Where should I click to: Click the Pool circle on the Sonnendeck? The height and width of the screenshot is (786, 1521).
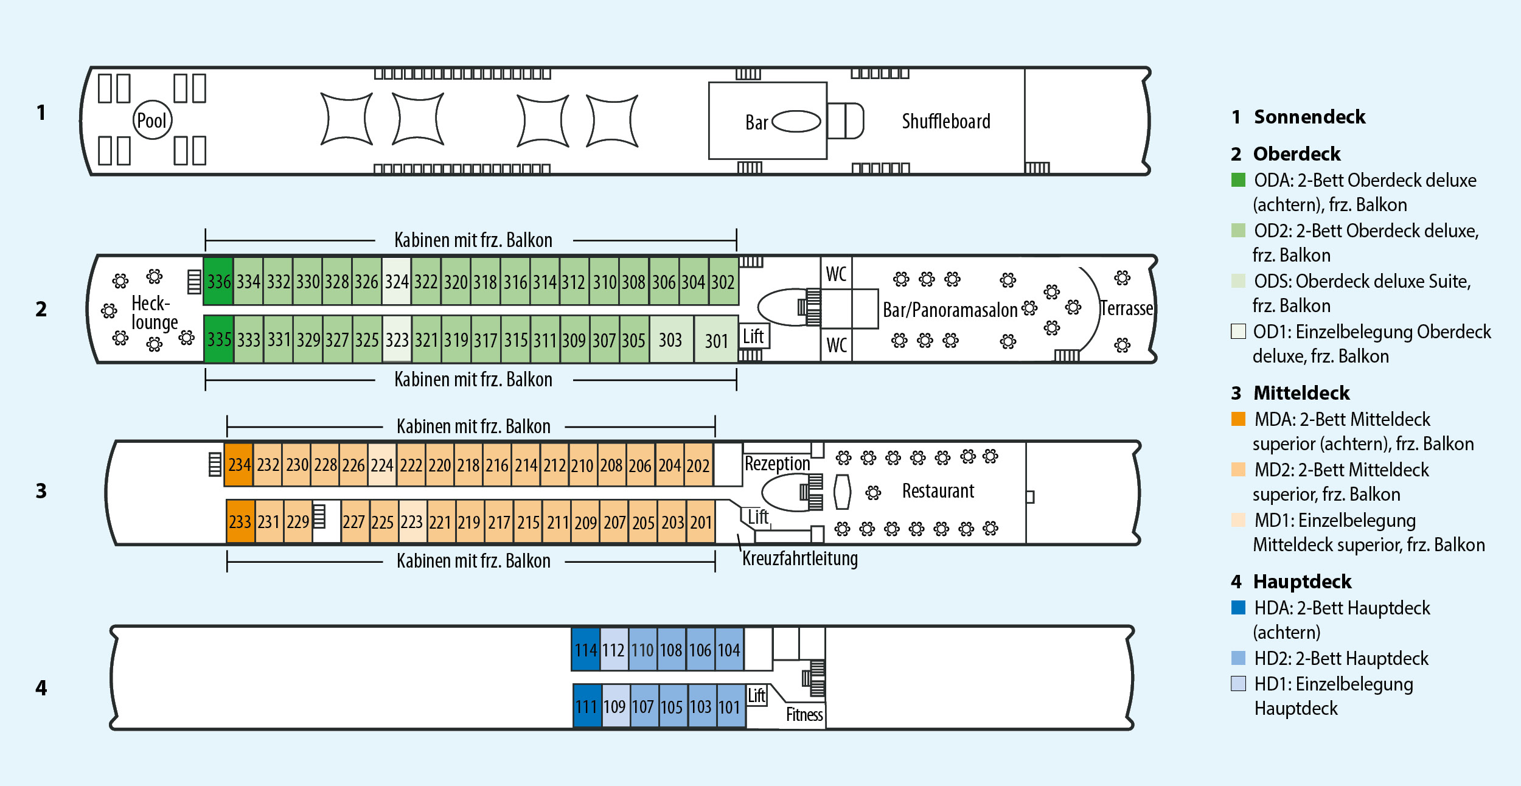(x=152, y=120)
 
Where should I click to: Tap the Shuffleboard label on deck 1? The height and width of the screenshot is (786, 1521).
(x=945, y=122)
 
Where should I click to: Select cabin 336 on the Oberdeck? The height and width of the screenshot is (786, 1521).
(x=218, y=282)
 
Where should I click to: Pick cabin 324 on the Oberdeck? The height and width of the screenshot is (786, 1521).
(x=397, y=282)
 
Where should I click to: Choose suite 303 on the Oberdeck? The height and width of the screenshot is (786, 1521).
(x=670, y=340)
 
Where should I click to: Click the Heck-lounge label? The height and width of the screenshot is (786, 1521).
(x=154, y=313)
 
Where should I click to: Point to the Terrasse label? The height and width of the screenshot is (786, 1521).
(x=1126, y=308)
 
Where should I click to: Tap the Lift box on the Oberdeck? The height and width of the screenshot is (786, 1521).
(x=754, y=336)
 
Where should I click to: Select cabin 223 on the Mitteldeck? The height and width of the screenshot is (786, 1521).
(x=412, y=522)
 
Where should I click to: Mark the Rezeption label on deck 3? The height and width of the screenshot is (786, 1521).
(x=777, y=464)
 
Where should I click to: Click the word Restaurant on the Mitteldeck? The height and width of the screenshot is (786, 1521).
(x=938, y=491)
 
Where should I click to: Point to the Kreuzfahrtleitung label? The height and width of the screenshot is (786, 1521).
(x=799, y=558)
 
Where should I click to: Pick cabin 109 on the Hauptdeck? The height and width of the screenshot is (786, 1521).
(x=614, y=707)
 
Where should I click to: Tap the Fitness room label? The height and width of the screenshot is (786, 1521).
(x=804, y=715)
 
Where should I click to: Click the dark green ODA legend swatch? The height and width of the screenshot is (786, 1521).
(x=1238, y=180)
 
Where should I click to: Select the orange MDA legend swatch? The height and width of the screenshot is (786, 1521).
(x=1238, y=419)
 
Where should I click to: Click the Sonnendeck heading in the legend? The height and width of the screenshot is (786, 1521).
(x=1309, y=117)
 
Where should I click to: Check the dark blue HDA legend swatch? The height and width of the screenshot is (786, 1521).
(x=1238, y=608)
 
